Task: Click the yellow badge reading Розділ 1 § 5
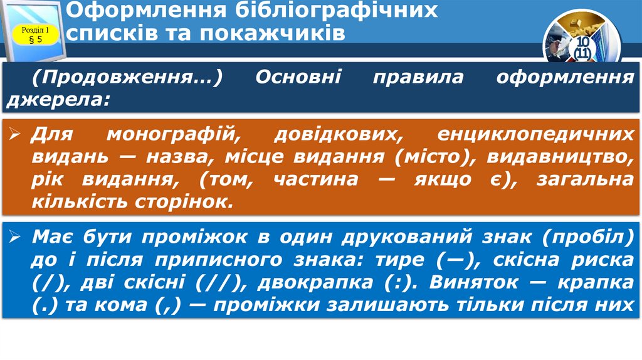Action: [x=36, y=34]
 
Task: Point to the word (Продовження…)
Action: [x=129, y=78]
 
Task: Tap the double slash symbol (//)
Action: [x=213, y=282]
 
